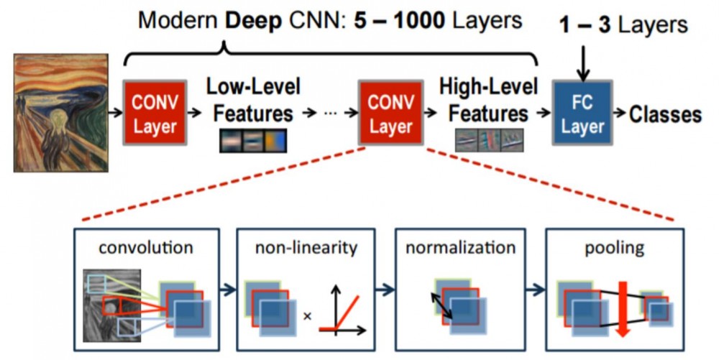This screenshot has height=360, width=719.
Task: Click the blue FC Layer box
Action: tap(582, 113)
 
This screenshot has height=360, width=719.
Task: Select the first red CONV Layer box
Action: tap(152, 113)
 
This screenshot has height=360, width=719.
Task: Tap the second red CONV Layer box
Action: tap(390, 113)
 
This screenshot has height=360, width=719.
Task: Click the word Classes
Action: tap(666, 114)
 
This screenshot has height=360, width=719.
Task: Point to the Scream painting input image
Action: tap(60, 114)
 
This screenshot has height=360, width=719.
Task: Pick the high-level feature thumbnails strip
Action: tap(489, 140)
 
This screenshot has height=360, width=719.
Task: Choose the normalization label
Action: tap(460, 248)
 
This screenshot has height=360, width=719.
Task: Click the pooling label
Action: tap(614, 248)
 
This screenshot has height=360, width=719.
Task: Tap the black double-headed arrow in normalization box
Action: tap(441, 304)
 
